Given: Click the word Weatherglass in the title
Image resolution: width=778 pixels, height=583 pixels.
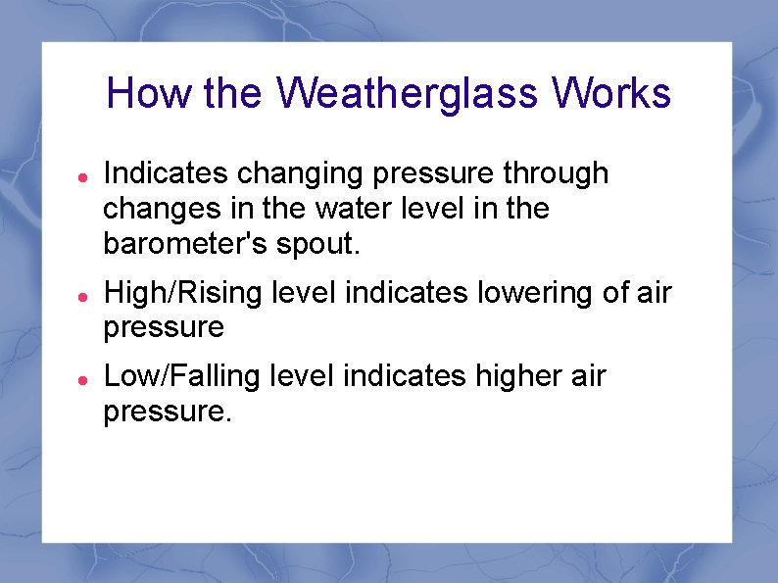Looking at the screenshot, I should pyautogui.click(x=408, y=94).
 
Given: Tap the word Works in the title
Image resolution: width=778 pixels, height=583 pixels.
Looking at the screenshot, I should pyautogui.click(x=611, y=94).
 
